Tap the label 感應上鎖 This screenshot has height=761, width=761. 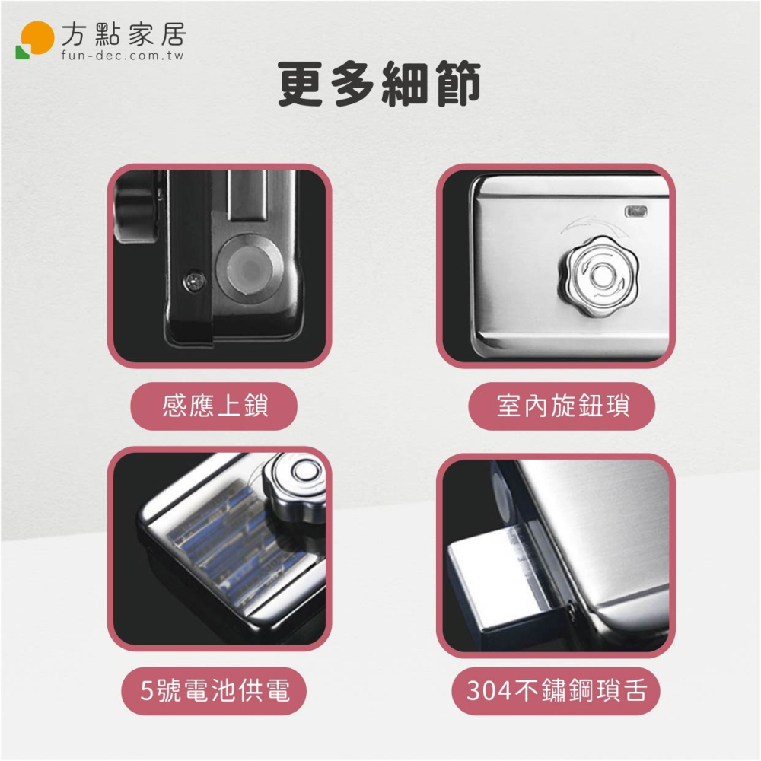[215, 406]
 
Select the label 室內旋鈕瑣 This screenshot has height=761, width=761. [562, 406]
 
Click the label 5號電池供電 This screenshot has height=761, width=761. [215, 690]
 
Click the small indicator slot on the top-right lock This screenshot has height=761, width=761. [634, 210]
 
